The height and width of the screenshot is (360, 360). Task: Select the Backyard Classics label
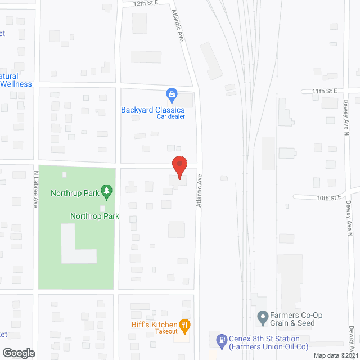click(x=153, y=110)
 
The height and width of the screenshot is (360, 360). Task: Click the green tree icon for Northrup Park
click(x=105, y=193)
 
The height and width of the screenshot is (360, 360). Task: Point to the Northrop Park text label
click(x=94, y=216)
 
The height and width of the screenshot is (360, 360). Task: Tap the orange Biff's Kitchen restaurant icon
click(x=184, y=324)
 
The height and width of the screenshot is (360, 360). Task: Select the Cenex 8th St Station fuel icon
click(x=222, y=340)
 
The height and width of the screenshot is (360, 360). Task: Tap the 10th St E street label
click(x=330, y=198)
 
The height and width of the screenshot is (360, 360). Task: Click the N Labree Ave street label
click(x=35, y=189)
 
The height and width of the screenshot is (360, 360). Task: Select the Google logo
click(x=18, y=353)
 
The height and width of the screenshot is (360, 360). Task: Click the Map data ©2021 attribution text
click(x=336, y=355)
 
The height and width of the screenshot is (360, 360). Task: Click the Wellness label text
click(x=16, y=84)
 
